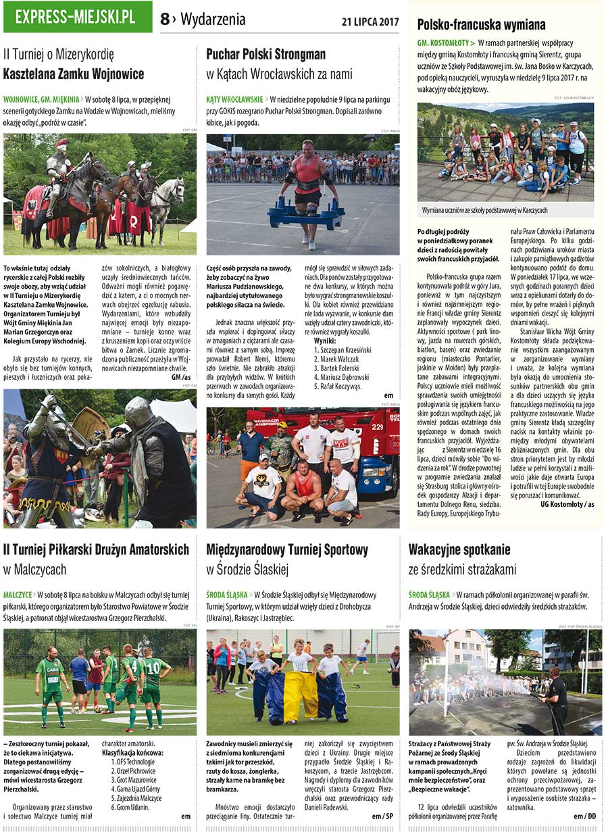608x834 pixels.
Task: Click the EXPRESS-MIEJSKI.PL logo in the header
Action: [x=78, y=17]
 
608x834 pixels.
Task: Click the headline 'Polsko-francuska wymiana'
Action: [x=481, y=25]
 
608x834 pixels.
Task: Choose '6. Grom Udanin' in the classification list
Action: [x=129, y=807]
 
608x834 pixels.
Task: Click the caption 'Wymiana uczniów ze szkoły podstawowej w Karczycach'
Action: [x=485, y=210]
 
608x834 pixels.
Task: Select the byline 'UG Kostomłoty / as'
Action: [x=567, y=504]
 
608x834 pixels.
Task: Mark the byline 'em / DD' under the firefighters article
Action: [x=585, y=816]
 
